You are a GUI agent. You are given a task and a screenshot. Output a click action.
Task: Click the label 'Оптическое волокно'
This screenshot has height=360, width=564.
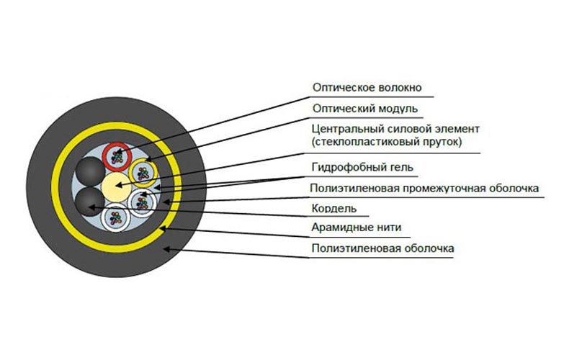tap(367, 88)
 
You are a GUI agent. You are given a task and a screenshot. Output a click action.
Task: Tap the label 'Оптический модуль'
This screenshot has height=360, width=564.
tap(365, 109)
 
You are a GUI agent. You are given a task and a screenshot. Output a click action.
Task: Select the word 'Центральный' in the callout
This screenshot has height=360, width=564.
tap(348, 129)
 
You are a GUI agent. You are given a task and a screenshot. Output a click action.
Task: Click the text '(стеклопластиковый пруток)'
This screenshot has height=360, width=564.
tap(387, 142)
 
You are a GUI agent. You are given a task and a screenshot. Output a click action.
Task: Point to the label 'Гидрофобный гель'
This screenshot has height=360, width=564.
tap(362, 168)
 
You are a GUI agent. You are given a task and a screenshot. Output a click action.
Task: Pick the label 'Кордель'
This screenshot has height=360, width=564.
tap(334, 209)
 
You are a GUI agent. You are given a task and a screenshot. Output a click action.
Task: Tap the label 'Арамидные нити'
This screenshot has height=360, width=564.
tap(356, 228)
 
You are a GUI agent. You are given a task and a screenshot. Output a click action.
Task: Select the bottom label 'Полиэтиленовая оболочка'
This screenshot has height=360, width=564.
tap(382, 248)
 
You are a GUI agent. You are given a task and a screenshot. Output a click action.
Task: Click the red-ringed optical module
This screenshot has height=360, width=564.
tap(116, 157)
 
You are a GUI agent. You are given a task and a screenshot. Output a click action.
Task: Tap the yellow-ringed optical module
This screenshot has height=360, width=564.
tap(143, 174)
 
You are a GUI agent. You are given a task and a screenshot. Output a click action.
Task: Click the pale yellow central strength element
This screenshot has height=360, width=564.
tap(116, 187)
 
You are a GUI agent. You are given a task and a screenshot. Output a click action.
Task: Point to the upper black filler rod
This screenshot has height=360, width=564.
tap(89, 172)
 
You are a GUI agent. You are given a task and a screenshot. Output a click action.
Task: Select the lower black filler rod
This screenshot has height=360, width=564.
tap(89, 202)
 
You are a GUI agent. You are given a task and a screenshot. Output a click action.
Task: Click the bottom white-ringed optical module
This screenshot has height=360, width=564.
tap(115, 218)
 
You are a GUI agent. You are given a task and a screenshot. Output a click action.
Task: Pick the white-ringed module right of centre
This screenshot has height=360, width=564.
tap(142, 203)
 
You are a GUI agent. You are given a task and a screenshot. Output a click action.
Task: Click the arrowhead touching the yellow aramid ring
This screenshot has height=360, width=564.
tap(164, 228)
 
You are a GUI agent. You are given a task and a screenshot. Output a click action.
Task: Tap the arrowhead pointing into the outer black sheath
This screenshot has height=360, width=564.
tap(168, 248)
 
